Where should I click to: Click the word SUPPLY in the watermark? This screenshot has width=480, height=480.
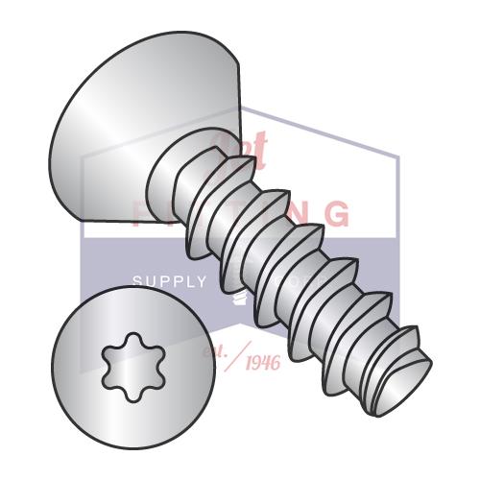[169, 281]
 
